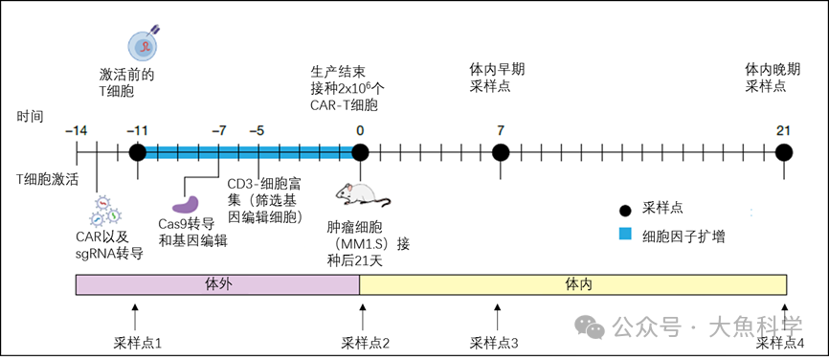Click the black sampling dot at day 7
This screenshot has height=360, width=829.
point(500,152)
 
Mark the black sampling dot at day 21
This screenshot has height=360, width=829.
point(784,152)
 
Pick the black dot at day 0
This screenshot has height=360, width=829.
point(360,152)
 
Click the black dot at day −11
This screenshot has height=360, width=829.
point(137,152)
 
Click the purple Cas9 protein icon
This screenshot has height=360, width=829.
point(186,204)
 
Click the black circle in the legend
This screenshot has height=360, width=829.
point(625,207)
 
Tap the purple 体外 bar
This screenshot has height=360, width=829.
point(218,284)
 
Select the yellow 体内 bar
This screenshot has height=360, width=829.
point(572,284)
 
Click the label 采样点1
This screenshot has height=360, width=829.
point(138,342)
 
